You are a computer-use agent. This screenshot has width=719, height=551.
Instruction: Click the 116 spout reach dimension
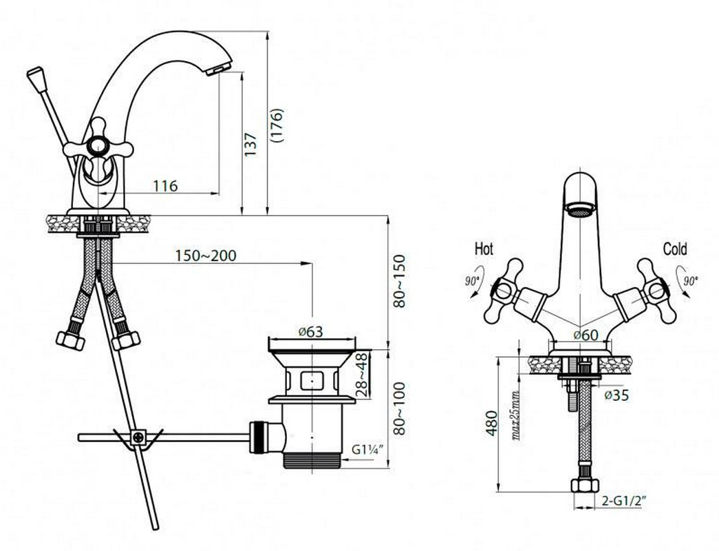[165, 186]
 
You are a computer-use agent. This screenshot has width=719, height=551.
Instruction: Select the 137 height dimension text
[251, 144]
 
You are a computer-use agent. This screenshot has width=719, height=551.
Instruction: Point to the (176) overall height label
[277, 126]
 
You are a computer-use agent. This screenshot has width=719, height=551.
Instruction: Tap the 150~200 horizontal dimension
[206, 256]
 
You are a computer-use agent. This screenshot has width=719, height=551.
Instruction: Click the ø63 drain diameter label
[310, 331]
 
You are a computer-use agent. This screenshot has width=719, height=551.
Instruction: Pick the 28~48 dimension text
[362, 375]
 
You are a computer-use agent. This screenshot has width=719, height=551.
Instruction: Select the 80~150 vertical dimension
[399, 281]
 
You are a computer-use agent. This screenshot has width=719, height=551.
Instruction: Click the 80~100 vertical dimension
[399, 408]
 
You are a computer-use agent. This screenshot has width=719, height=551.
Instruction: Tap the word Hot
[484, 249]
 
